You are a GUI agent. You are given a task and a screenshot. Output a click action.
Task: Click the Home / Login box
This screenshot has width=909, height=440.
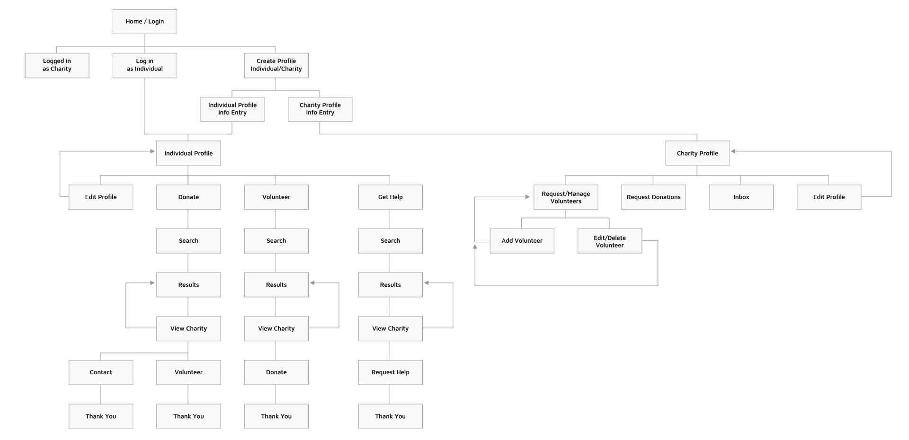(x=145, y=21)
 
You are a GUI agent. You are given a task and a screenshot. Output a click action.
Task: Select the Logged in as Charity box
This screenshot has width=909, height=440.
(x=57, y=65)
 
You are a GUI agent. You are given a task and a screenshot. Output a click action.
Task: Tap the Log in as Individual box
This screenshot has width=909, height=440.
(x=145, y=65)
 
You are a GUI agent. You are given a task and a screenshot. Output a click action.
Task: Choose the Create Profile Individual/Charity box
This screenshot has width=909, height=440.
(x=276, y=65)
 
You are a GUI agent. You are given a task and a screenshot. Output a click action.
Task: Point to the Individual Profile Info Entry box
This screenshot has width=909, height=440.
(x=232, y=109)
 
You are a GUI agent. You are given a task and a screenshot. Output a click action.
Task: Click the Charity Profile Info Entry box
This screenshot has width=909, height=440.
(x=320, y=109)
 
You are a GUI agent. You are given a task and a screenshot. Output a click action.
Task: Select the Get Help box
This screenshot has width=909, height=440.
(x=391, y=197)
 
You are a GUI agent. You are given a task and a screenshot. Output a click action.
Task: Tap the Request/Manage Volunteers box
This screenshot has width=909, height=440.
(x=566, y=197)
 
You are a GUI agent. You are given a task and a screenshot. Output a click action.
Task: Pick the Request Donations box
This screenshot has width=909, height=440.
(x=654, y=197)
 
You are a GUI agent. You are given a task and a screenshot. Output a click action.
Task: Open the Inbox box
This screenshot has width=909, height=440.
(x=741, y=197)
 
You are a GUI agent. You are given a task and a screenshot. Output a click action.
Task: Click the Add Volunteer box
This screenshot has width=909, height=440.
(x=522, y=241)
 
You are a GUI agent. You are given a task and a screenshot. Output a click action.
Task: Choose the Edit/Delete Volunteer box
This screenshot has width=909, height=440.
(x=610, y=241)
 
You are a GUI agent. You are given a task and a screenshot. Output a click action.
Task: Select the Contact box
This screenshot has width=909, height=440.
(x=101, y=372)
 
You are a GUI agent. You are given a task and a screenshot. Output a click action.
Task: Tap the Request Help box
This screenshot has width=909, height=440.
(x=391, y=372)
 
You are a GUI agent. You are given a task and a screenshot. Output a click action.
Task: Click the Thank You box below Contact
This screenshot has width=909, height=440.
(x=101, y=416)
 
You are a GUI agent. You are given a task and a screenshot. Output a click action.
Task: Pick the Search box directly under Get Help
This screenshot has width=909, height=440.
(x=391, y=241)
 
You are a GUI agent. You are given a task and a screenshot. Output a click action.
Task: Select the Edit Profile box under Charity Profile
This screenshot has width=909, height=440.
(x=829, y=197)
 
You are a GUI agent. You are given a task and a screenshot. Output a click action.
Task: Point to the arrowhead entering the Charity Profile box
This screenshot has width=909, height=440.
(x=733, y=151)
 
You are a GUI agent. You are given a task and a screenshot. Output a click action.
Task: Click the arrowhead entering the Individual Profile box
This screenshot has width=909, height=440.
(x=152, y=151)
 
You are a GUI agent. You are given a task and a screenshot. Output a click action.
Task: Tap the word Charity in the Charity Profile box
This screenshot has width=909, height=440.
(x=687, y=153)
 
